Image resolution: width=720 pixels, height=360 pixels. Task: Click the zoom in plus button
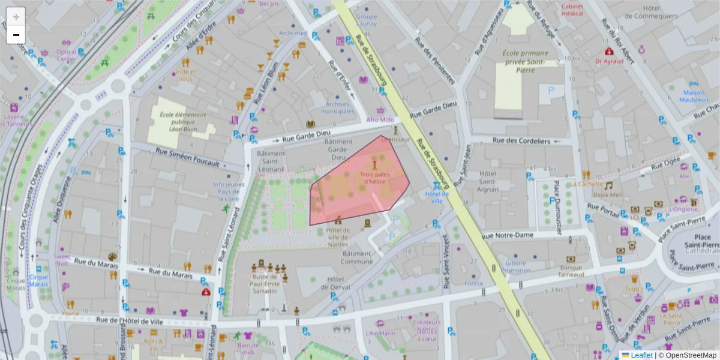click(16, 17)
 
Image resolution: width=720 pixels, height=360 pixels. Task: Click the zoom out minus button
click(16, 35)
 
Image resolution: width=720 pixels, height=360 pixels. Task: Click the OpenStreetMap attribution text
click(687, 355)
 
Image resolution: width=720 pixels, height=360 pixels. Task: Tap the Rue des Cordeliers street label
click(521, 140)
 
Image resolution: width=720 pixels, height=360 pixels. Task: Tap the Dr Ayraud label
click(609, 61)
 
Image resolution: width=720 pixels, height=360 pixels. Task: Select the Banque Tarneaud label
click(571, 271)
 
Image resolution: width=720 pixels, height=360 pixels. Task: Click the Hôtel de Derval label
click(340, 283)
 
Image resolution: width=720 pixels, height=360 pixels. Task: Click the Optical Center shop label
click(67, 55)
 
